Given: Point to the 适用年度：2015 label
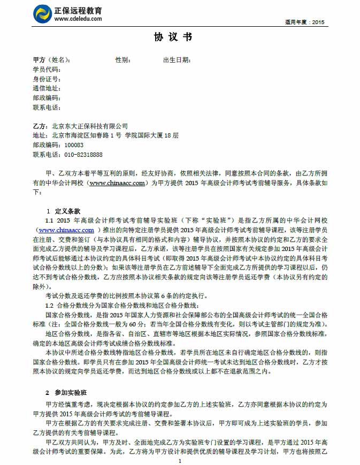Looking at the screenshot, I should coord(305,22).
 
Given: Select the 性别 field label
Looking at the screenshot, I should coord(123,60).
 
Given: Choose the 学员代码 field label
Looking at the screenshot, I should coord(47,70).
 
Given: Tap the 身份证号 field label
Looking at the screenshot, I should coord(47,79).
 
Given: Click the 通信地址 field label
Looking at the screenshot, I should coord(47,88).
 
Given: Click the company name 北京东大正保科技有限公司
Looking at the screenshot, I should coord(90,126).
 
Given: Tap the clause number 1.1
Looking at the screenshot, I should coord(49,220).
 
